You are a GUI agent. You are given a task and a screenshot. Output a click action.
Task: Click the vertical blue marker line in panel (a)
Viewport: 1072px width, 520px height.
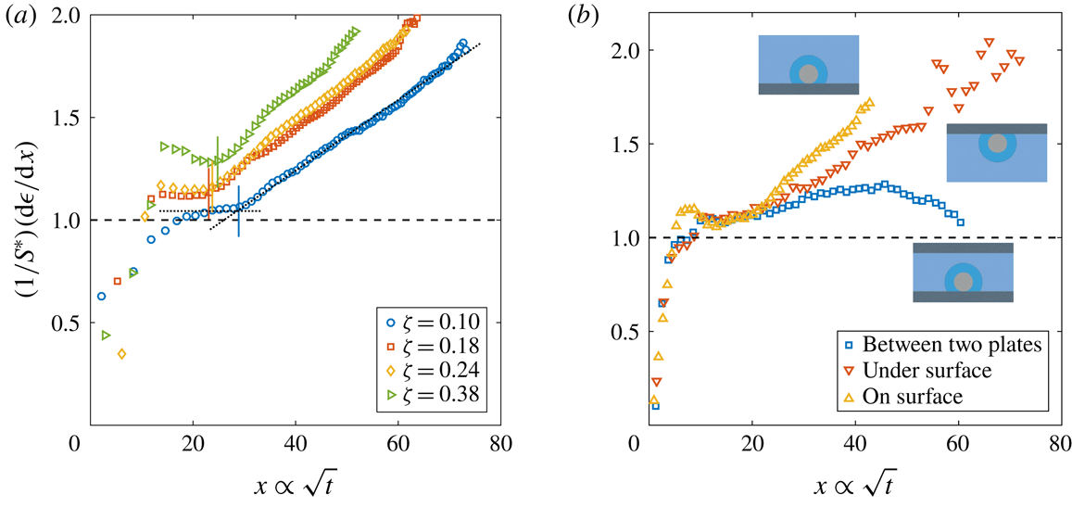pyautogui.click(x=238, y=211)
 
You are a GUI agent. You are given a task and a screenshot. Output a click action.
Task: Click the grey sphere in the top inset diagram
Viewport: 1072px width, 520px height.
pyautogui.click(x=809, y=73)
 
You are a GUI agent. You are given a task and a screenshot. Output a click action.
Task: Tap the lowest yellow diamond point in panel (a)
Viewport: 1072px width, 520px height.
pyautogui.click(x=121, y=353)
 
